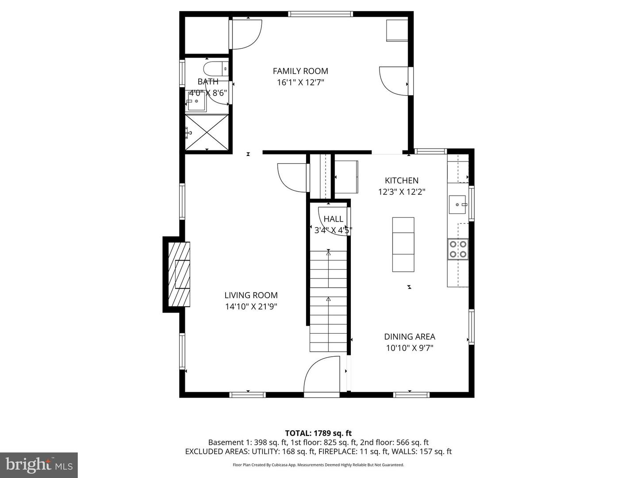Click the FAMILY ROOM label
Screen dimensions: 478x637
300,71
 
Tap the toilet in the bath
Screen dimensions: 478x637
214,69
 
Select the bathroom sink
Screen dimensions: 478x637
196,102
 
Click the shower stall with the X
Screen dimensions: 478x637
207,132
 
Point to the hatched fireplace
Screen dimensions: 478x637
179,274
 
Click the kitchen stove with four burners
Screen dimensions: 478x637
458,249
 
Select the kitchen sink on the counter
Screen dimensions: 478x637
458,204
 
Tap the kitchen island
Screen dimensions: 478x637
403,244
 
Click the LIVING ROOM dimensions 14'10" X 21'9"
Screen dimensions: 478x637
251,307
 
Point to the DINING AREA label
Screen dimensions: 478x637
409,337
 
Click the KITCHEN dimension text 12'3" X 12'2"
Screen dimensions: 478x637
401,192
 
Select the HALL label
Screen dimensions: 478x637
333,219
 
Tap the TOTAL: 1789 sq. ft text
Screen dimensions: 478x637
318,433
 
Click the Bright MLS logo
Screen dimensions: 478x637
39,465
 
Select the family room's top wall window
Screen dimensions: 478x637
321,14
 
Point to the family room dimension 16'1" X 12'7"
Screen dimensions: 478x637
300,82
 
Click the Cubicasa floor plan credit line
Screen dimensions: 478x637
318,465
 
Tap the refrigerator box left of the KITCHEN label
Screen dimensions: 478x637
346,177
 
